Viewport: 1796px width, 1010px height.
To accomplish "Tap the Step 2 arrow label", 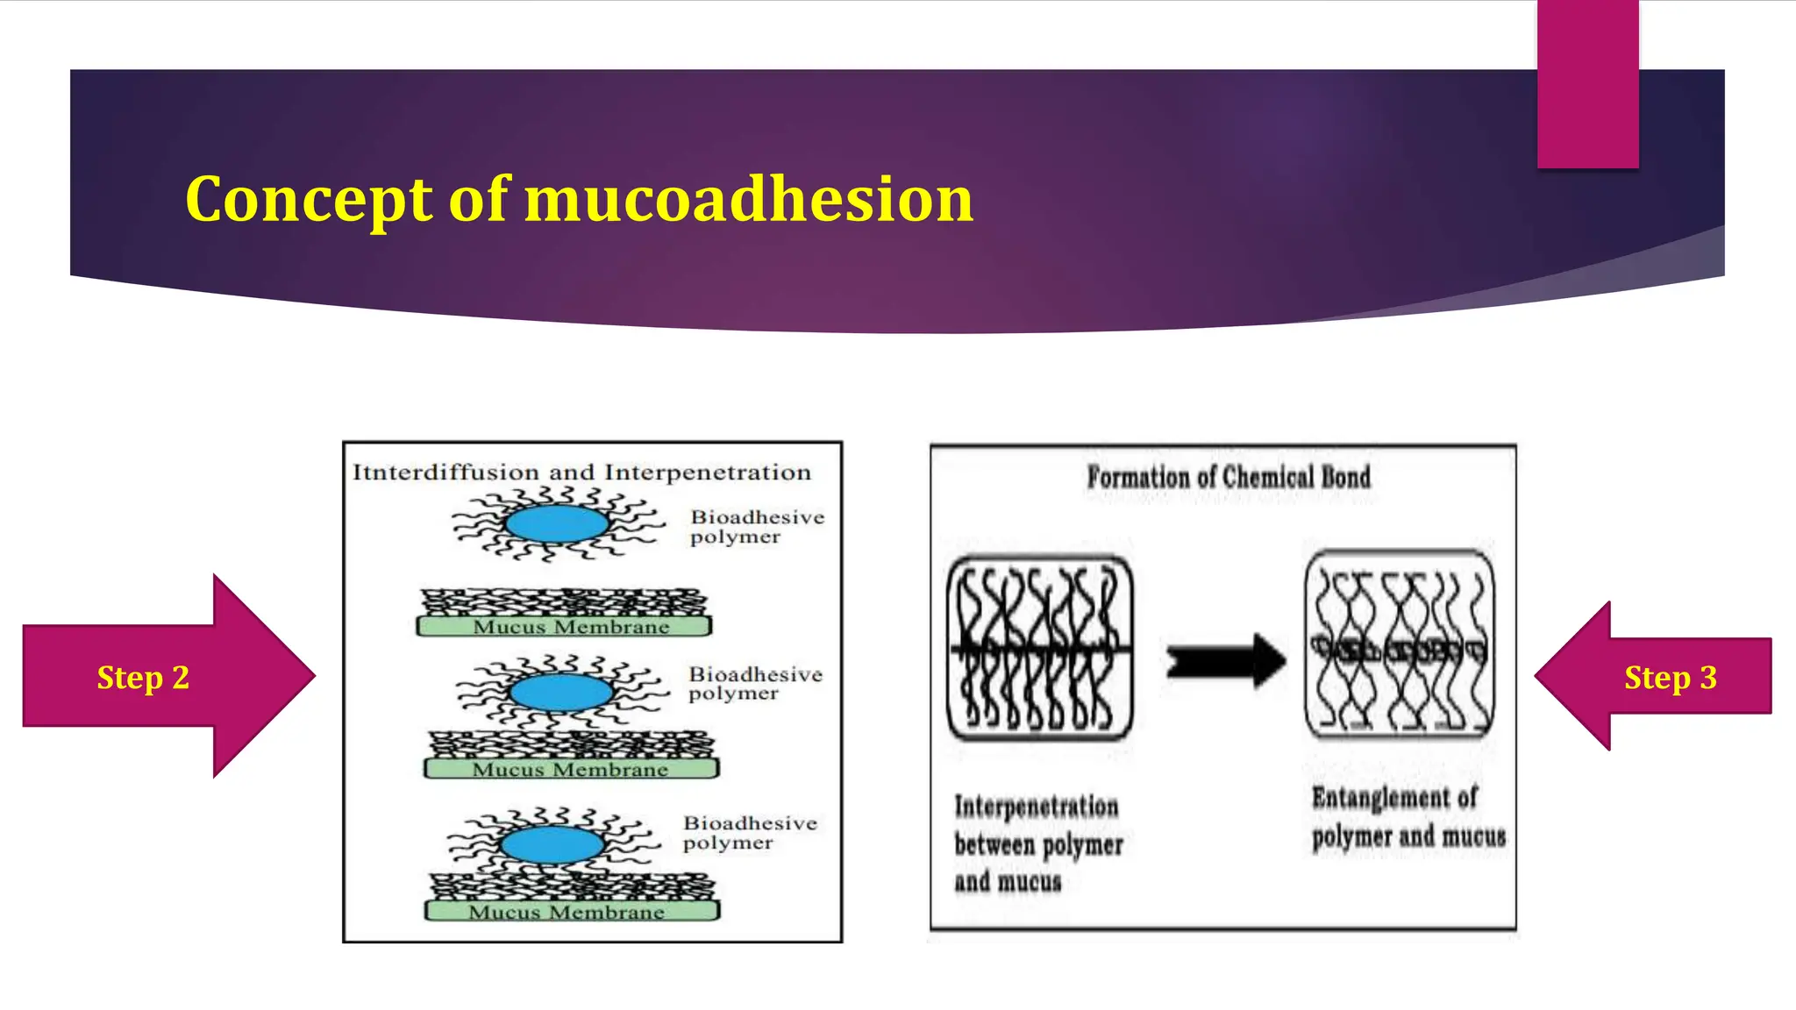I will (x=143, y=677).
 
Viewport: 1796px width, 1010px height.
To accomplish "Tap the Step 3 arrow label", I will (x=1670, y=677).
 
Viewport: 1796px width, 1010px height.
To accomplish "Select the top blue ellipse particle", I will (x=556, y=524).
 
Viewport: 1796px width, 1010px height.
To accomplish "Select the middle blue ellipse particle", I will (x=561, y=693).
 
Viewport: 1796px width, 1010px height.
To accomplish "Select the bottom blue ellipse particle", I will (x=552, y=844).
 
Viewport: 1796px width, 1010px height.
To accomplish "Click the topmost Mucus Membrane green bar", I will (x=564, y=627).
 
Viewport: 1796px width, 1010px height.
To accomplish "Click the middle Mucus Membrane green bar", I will (x=570, y=770).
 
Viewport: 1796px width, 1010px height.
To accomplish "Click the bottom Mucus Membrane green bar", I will (x=571, y=912).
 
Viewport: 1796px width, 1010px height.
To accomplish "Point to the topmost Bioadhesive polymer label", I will (x=757, y=526).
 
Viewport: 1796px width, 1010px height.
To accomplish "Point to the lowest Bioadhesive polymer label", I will (x=750, y=832).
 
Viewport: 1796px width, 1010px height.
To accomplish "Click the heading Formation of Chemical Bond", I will (x=1228, y=477).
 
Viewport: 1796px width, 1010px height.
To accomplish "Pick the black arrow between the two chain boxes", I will (x=1225, y=659).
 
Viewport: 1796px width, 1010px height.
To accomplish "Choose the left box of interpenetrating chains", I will (x=1039, y=647).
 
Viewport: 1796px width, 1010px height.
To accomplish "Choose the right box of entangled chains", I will (x=1399, y=644).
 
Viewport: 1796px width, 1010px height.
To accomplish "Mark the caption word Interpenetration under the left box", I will (x=1036, y=806).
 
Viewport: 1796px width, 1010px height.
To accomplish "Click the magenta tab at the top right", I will (x=1587, y=83).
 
